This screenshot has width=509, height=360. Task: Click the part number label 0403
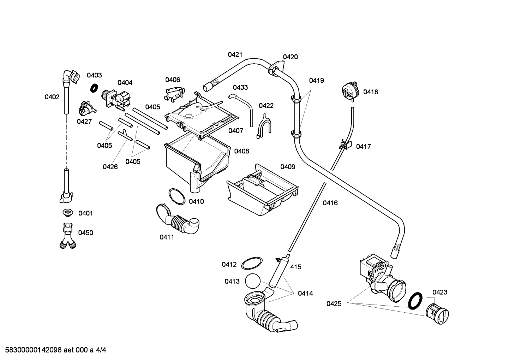coord(94,75)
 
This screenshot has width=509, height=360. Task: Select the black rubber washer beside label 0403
coord(94,88)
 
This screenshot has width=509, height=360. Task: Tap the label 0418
coord(371,92)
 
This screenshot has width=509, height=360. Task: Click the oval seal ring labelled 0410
coord(177,196)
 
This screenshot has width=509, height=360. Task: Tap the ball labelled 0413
coord(253,281)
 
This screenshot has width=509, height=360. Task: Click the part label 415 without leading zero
coord(296,267)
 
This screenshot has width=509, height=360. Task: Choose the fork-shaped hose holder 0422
coord(264,127)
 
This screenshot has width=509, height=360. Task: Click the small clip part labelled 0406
coord(174,94)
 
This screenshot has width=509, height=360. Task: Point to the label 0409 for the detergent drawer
coord(288,167)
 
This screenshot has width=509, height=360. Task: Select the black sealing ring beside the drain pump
coord(415,301)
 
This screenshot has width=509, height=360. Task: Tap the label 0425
coord(334,303)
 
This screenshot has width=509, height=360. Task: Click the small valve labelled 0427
coord(87,108)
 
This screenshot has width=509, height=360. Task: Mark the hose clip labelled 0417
coord(345,144)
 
